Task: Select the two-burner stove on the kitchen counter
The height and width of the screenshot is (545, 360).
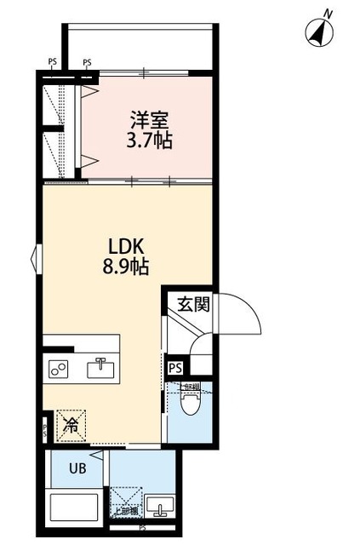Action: pos(60,369)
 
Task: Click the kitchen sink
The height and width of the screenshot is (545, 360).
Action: pos(101,369)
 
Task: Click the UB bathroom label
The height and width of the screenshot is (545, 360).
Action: pos(76,468)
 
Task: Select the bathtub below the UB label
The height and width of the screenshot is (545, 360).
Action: pos(75,508)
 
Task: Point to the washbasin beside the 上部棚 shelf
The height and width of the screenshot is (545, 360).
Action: pos(157,511)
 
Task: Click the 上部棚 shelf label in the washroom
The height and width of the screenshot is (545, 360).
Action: pos(126,511)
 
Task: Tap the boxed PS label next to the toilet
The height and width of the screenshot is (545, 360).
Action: pos(175,368)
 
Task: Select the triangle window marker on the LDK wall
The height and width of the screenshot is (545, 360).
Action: pos(36,258)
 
